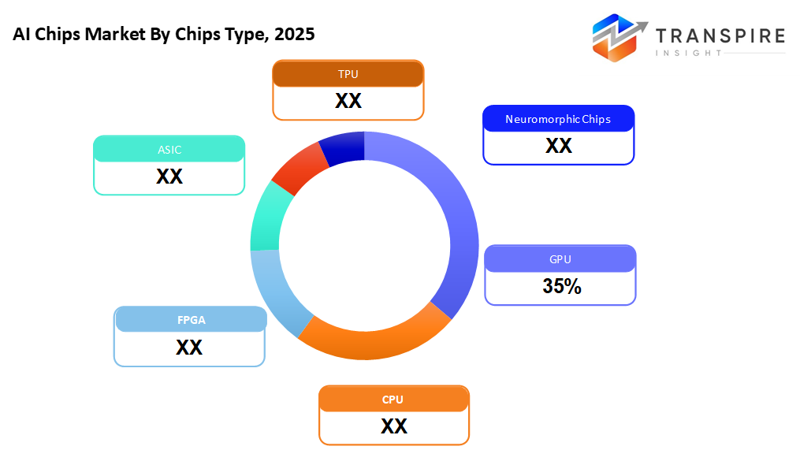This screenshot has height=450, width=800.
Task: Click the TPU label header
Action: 348,74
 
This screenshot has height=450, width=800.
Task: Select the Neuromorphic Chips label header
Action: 558,120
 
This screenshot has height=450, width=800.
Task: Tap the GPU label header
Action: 560,259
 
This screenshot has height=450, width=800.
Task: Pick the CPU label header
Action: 393,400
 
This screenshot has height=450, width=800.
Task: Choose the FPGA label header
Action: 189,320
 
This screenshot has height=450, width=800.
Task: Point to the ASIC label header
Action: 169,149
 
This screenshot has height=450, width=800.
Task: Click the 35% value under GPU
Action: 561,287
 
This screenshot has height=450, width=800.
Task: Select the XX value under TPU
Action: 348,102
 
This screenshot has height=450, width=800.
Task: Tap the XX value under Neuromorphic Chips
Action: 558,146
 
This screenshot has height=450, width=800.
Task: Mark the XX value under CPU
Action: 393,426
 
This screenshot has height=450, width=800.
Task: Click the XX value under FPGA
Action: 189,348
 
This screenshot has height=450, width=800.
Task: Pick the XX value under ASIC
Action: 169,177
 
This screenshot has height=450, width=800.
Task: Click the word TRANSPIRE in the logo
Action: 720,36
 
